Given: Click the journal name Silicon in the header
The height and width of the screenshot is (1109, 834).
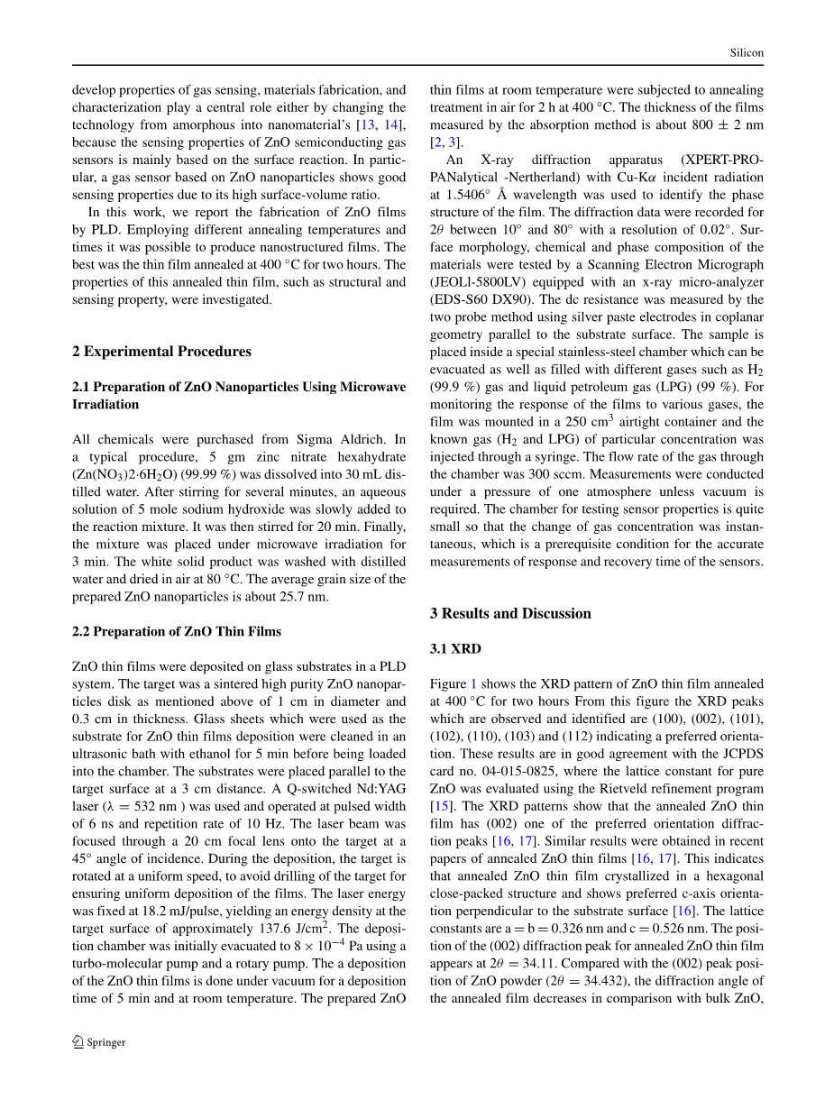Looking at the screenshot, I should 747,53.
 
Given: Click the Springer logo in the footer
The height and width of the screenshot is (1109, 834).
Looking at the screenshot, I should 99,1042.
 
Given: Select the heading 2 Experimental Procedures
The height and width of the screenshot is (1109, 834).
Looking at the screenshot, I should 161,352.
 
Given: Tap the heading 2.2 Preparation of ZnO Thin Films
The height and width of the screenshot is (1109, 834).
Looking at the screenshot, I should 176,632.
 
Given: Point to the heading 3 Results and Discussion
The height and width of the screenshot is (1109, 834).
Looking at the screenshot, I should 510,614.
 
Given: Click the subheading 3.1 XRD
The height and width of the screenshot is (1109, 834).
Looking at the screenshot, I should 455,649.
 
